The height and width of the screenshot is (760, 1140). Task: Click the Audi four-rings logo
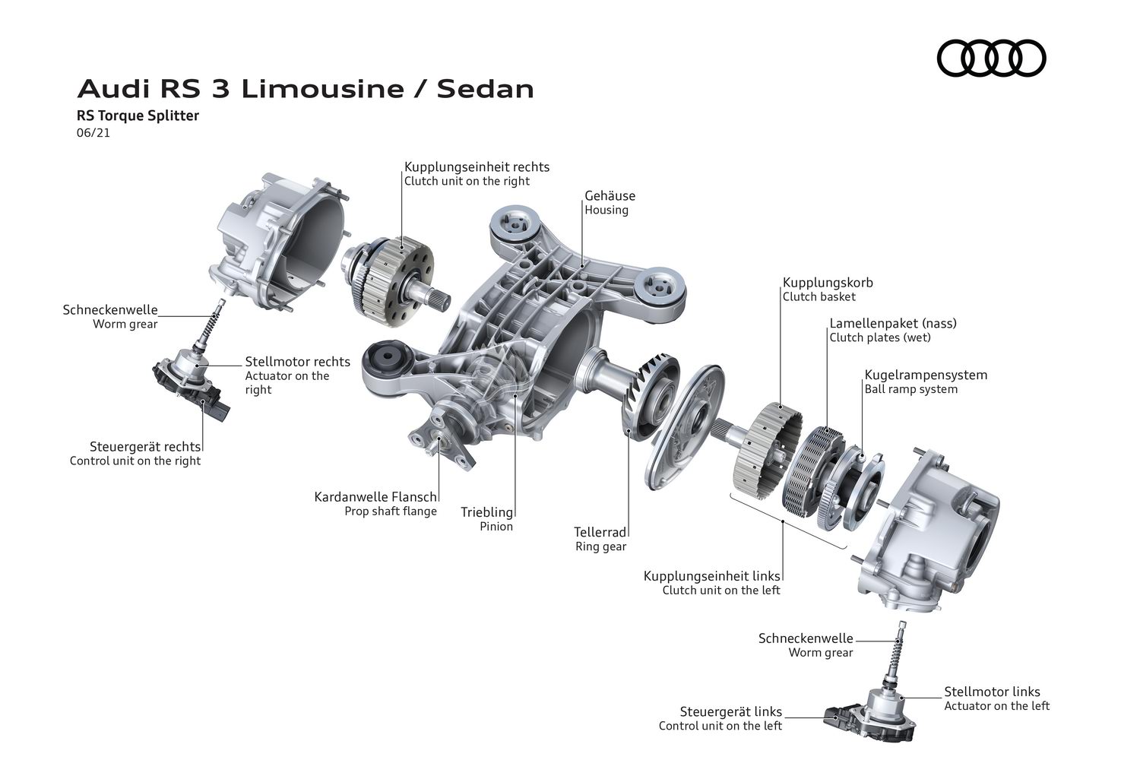click(x=991, y=58)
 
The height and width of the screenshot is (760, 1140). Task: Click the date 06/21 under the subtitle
click(x=93, y=133)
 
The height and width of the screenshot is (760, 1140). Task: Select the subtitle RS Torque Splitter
click(x=138, y=116)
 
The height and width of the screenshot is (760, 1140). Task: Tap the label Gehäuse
click(x=610, y=195)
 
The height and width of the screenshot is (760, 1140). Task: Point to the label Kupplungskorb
click(x=828, y=282)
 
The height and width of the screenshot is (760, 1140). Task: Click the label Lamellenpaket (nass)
click(x=893, y=323)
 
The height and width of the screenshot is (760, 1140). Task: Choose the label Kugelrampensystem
click(x=926, y=375)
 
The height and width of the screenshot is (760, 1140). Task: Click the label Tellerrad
click(x=600, y=532)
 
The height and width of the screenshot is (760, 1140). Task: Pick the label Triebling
click(x=486, y=512)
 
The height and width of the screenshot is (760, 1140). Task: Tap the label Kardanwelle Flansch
click(x=375, y=497)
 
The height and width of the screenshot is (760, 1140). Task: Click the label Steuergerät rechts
click(x=145, y=447)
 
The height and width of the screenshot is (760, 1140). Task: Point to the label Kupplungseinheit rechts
click(x=477, y=167)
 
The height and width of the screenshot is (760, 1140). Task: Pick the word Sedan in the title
click(x=486, y=89)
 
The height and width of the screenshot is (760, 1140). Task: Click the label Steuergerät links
click(x=731, y=711)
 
